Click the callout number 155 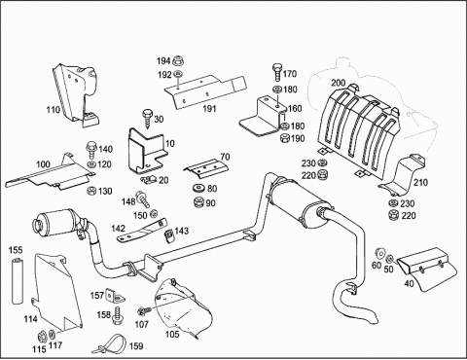click(16, 250)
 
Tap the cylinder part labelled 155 click(17, 281)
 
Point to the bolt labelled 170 click(276, 73)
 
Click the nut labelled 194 click(177, 60)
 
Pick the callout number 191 click(209, 109)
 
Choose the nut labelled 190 click(284, 138)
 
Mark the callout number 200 click(339, 83)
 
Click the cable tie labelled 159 click(109, 344)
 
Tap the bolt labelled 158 click(118, 315)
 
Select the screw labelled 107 click(144, 311)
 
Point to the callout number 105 click(172, 334)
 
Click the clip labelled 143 click(169, 235)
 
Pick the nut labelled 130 click(91, 191)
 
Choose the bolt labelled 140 click(91, 148)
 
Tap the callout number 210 click(420, 182)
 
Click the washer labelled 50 click(390, 259)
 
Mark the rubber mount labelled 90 click(198, 202)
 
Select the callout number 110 click(54, 110)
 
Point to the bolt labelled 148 click(142, 198)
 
